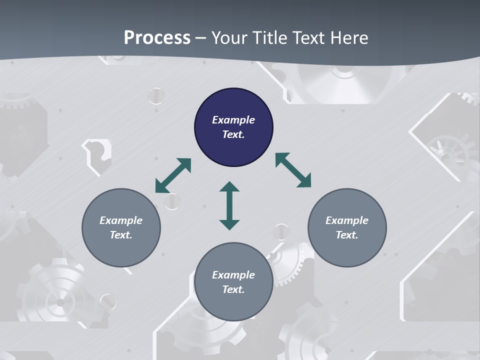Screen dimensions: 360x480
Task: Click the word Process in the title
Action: coord(157,37)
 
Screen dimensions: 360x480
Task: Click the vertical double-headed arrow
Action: coord(229,205)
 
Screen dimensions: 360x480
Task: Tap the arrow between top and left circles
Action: coord(173,175)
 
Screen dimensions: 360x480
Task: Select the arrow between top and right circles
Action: coord(293,170)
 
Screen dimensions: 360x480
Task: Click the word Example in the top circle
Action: coord(233,120)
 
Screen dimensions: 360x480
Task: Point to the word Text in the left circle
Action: coord(121,235)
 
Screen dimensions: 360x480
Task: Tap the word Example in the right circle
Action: coord(347,220)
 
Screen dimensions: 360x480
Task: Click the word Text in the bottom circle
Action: coord(233,289)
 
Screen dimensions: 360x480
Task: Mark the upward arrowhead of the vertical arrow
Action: coord(229,187)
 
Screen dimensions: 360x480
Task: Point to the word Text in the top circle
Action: coord(233,134)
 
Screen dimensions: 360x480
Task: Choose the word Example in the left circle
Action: coord(121,220)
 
